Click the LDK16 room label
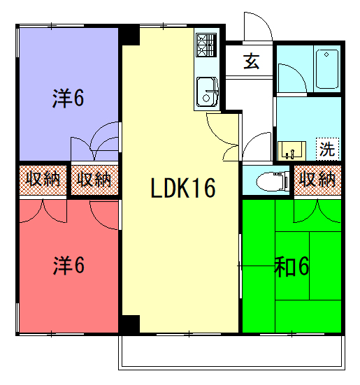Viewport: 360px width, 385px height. click(x=183, y=188)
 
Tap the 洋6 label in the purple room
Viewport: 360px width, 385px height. click(x=68, y=98)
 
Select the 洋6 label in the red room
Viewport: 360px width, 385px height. click(x=69, y=266)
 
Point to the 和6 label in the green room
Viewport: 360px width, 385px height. click(x=291, y=267)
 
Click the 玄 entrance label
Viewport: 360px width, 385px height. click(x=251, y=61)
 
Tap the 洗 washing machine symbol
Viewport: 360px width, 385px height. click(x=328, y=149)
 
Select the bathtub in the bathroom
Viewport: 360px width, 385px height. click(x=327, y=68)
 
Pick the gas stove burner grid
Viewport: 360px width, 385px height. click(x=206, y=45)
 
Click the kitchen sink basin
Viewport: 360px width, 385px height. click(x=207, y=92)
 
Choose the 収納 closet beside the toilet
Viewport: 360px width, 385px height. click(x=317, y=180)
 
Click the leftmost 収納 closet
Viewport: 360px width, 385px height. click(x=43, y=180)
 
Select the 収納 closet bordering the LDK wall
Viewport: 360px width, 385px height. click(x=94, y=180)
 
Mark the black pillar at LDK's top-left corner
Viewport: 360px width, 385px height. click(x=129, y=35)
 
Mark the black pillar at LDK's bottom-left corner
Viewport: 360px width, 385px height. click(x=129, y=324)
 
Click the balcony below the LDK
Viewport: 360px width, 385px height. click(x=231, y=352)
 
